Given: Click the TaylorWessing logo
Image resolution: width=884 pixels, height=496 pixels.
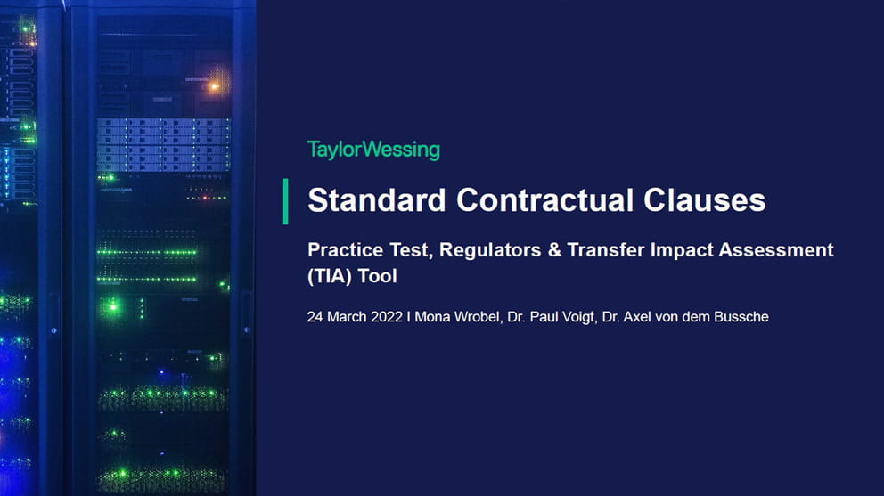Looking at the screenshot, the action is coord(373,150).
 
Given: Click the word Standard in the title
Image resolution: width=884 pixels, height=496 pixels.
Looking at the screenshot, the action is coord(377,200).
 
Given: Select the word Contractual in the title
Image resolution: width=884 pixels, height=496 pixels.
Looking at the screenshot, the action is coord(544,200).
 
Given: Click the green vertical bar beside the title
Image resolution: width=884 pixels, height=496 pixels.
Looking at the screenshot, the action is coord(286,202).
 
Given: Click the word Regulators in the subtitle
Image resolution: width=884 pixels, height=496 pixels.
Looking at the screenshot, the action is coord(490,250).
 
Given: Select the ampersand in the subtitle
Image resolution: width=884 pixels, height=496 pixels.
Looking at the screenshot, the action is coord(554,249).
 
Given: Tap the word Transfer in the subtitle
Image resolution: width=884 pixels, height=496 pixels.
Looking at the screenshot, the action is coord(605,249).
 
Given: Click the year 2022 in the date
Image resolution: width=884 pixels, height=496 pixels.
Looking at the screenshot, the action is coord(387,317).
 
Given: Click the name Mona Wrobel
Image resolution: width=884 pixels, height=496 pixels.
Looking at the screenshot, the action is coord(457,317).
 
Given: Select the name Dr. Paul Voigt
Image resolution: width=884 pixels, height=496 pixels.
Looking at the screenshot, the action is coord(552,317).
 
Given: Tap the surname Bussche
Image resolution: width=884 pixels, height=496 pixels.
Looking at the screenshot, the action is coord(741,317).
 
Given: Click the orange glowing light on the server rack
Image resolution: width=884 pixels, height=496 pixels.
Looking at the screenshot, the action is coord(214,86).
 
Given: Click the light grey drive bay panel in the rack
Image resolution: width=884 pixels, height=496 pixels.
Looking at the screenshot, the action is coord(164,144).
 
